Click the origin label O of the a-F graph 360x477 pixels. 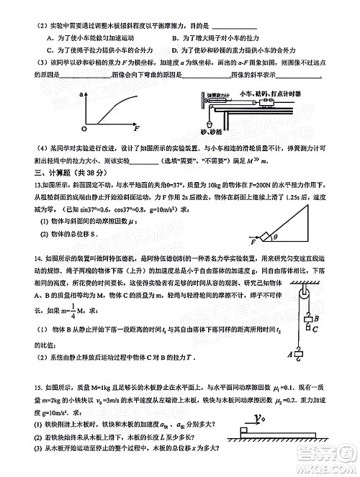[x=84, y=128]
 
